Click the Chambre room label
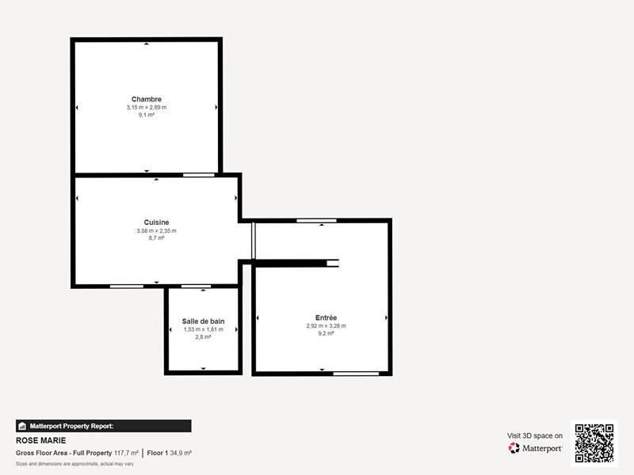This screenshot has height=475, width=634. click(147, 99)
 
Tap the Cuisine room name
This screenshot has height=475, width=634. click(156, 222)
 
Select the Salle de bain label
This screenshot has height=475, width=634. click(203, 321)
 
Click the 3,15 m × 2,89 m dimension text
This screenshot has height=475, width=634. click(147, 107)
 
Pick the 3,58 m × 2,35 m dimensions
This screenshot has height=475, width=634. click(156, 230)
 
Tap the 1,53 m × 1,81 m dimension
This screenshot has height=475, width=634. click(203, 329)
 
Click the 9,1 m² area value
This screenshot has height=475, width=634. click(147, 115)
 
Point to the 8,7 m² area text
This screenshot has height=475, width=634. click(156, 237)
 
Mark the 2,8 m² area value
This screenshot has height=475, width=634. click(203, 336)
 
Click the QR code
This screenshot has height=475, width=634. click(594, 443)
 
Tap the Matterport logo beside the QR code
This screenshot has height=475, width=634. click(536, 448)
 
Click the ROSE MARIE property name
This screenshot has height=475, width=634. click(41, 441)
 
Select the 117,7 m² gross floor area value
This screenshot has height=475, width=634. click(126, 453)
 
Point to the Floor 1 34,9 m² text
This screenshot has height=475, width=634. click(170, 453)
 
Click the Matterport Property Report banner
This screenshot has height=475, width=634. click(103, 426)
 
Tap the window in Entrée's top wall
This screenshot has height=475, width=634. click(311, 221)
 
